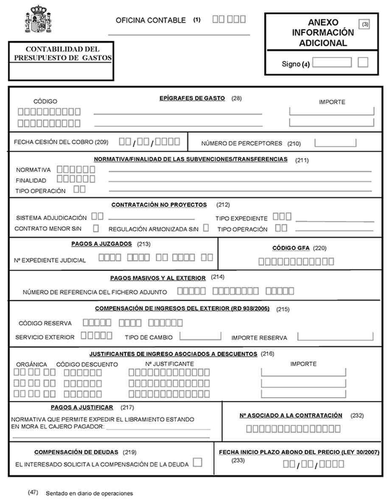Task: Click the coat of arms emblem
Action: click(x=38, y=20)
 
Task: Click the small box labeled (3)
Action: click(x=365, y=24)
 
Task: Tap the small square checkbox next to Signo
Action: click(x=363, y=62)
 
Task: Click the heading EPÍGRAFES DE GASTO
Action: click(x=192, y=98)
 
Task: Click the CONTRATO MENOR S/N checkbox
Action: click(x=96, y=228)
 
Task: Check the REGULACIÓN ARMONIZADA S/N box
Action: click(x=206, y=228)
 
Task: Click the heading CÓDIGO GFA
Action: click(x=291, y=248)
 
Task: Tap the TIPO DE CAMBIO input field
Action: click(x=200, y=336)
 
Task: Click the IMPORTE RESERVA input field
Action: click(x=335, y=336)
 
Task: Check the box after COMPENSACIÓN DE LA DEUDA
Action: click(x=197, y=462)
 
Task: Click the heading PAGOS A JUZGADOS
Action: click(x=101, y=244)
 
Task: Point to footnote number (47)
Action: click(x=33, y=493)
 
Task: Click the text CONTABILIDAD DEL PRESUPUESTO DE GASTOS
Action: click(x=62, y=53)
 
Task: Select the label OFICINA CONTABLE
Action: click(x=151, y=20)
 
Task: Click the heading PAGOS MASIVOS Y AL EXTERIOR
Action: click(x=158, y=278)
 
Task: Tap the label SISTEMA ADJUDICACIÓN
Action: click(x=51, y=218)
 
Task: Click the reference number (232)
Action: click(x=357, y=416)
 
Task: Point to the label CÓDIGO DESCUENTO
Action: click(x=87, y=364)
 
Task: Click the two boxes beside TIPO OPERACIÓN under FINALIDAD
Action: click(x=79, y=189)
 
